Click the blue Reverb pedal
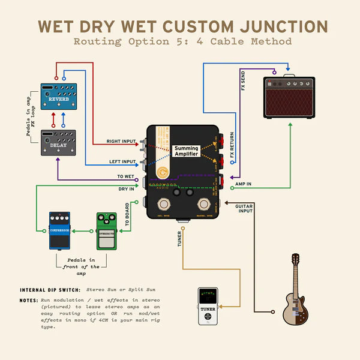tap(58, 97)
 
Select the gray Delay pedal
tap(58, 142)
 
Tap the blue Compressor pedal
tap(60, 230)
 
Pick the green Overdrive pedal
tap(106, 230)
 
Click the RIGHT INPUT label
tap(122, 142)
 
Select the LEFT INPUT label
tap(122, 161)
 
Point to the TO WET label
tap(126, 176)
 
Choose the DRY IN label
tap(127, 189)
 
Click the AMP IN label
tap(243, 184)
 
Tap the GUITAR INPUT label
tap(244, 208)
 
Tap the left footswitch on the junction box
tap(163, 205)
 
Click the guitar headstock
tap(295, 260)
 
